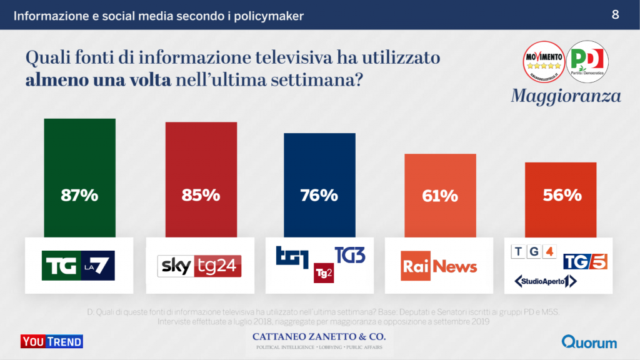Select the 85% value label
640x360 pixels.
click(x=201, y=195)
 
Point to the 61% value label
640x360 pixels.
click(x=440, y=196)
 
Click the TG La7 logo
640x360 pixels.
click(x=79, y=265)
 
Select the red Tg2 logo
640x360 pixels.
click(x=323, y=272)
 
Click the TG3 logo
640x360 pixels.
click(x=350, y=255)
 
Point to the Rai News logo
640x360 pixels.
click(x=439, y=266)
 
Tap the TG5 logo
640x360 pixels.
click(x=585, y=261)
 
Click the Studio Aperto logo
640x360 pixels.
click(x=545, y=282)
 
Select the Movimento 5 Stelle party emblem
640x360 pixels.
click(x=544, y=61)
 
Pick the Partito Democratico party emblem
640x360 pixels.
click(x=587, y=61)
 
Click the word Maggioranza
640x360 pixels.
click(x=566, y=96)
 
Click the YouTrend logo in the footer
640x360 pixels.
click(x=52, y=341)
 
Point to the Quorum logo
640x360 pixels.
click(x=589, y=342)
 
